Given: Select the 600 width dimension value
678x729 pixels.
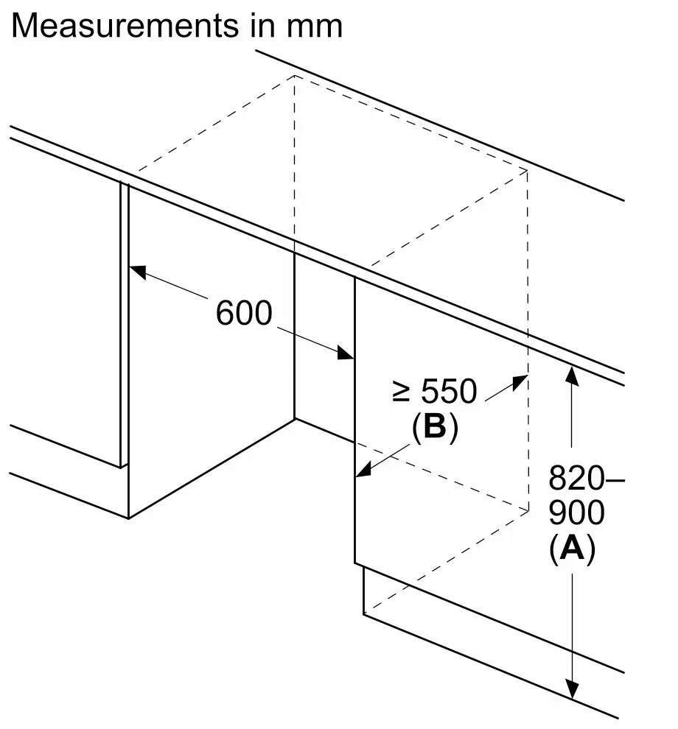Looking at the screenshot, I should [x=244, y=314].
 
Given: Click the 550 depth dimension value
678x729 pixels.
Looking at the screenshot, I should [x=448, y=392].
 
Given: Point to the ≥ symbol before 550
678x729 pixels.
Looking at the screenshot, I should [x=401, y=392].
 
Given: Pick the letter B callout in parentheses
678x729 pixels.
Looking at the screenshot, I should [x=435, y=427].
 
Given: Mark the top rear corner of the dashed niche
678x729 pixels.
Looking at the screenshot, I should [x=295, y=75].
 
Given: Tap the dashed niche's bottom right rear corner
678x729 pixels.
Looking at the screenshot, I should [x=528, y=510].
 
